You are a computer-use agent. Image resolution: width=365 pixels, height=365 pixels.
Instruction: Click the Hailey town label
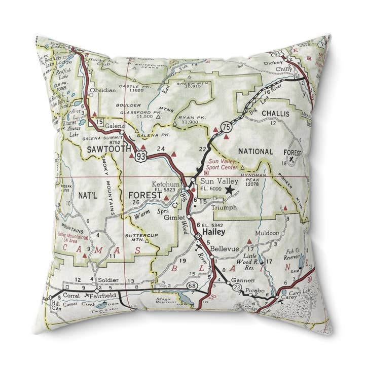tap(213, 232)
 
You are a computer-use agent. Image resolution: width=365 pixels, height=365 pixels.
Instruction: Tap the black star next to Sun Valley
tap(230, 190)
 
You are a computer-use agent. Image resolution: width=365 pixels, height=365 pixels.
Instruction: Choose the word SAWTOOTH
tap(108, 149)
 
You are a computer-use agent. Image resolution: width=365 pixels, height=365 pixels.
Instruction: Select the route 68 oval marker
tap(192, 286)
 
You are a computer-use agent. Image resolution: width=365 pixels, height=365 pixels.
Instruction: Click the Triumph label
tap(224, 207)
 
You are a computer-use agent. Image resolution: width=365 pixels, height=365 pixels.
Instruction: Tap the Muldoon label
tap(267, 233)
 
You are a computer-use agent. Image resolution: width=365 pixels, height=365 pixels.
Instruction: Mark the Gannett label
tap(241, 280)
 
